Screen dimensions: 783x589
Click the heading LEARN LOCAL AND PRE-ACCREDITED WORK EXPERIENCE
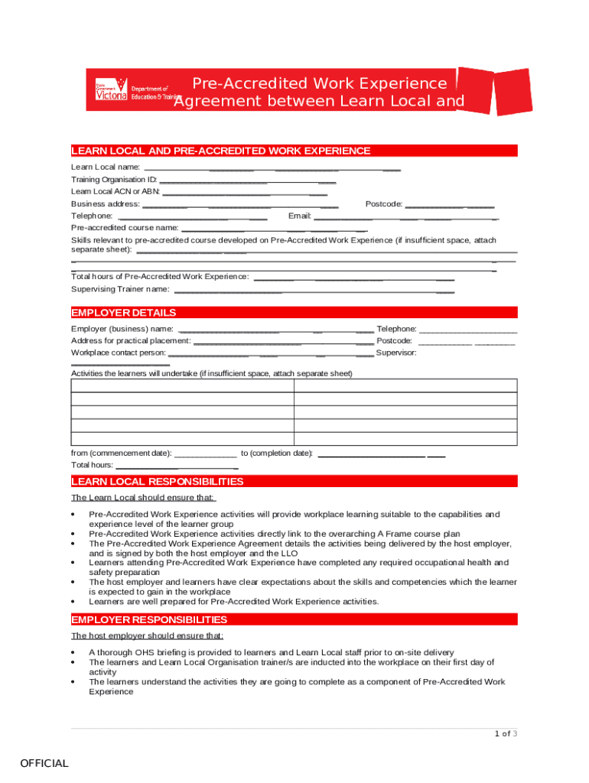click(x=220, y=151)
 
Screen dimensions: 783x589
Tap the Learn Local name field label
click(x=106, y=167)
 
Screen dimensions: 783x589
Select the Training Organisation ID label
click(x=114, y=180)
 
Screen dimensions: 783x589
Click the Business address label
click(x=105, y=204)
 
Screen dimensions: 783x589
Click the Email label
click(x=300, y=216)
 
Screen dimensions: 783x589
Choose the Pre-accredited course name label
click(x=125, y=228)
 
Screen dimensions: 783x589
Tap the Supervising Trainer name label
click(x=120, y=289)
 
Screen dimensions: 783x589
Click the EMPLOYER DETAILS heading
click(x=123, y=313)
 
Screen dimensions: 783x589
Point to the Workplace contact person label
click(x=118, y=353)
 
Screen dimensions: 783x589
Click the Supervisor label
click(x=396, y=353)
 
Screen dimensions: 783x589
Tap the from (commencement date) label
click(x=121, y=453)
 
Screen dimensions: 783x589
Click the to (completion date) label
click(x=277, y=453)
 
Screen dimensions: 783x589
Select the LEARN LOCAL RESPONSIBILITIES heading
click(x=157, y=482)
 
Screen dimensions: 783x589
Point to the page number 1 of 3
click(x=506, y=734)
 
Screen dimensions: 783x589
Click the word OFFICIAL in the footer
click(x=44, y=763)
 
